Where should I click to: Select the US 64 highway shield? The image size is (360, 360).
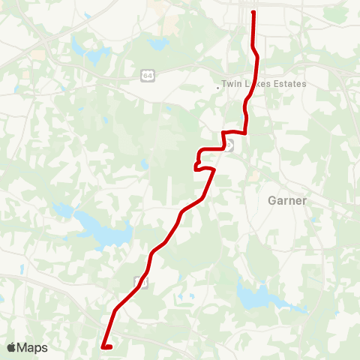[x=148, y=75]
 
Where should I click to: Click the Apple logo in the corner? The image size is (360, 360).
[x=11, y=347]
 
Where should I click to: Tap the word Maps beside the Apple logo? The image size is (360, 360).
[x=32, y=347]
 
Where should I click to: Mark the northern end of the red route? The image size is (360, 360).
[x=253, y=12]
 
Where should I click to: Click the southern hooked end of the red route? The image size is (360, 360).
[x=102, y=346]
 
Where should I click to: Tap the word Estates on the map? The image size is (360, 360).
[x=289, y=84]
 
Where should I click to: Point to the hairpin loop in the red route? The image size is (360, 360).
[x=196, y=166]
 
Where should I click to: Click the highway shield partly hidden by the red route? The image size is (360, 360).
[x=230, y=145]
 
